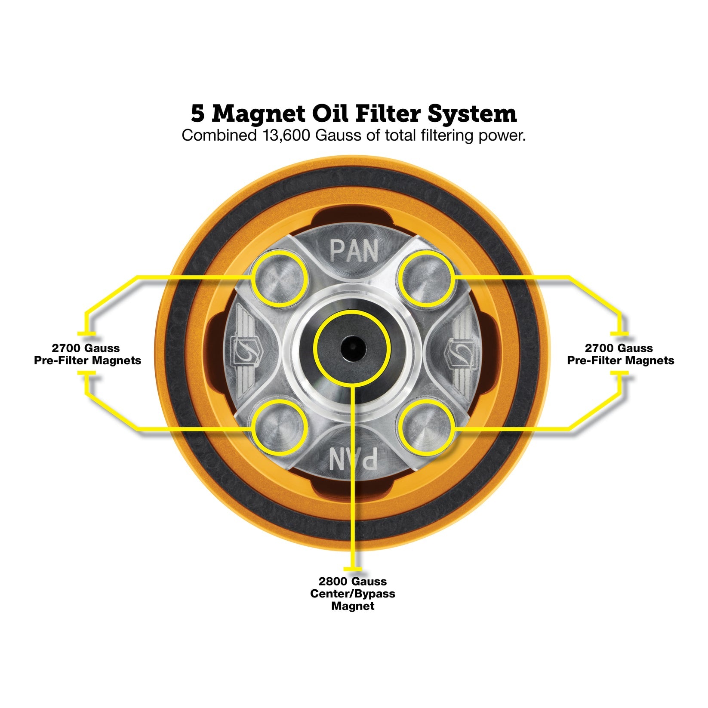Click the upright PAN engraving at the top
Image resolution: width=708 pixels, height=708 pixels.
coord(354,250)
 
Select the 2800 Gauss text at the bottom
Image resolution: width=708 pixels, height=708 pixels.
coord(353,582)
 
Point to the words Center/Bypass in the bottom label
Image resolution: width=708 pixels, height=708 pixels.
coord(353,594)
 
